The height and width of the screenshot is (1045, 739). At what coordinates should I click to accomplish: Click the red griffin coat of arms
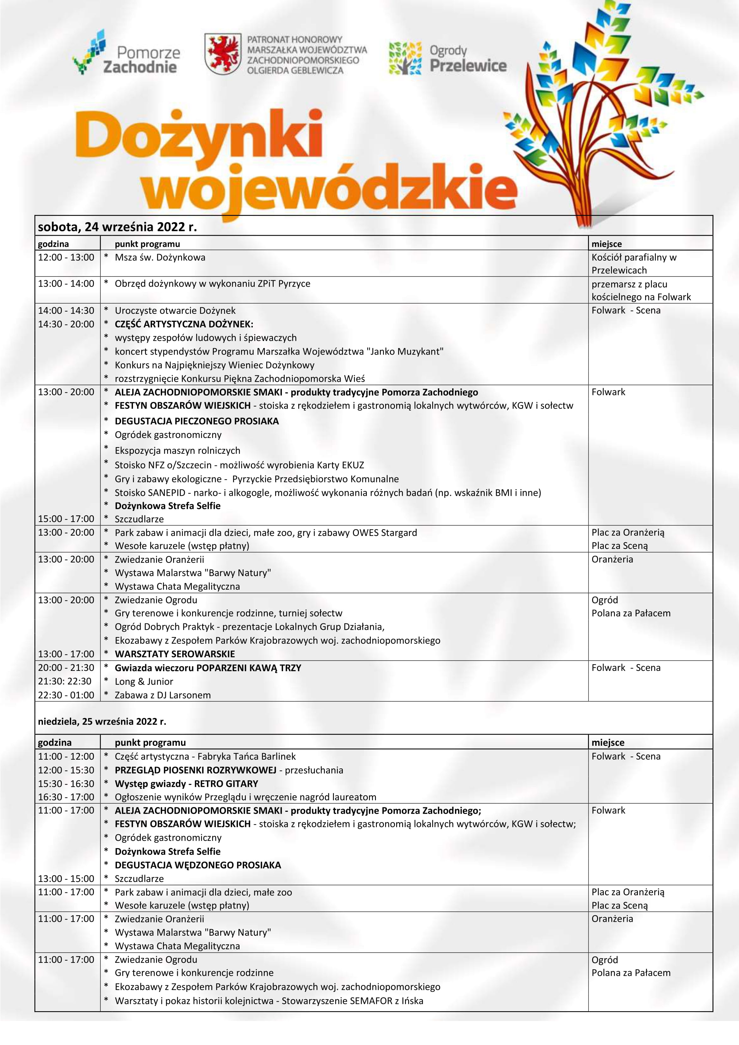pyautogui.click(x=222, y=54)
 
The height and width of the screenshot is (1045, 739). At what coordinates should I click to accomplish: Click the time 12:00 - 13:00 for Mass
pyautogui.click(x=66, y=257)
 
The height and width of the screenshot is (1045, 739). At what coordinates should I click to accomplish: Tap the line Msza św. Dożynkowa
pyautogui.click(x=160, y=257)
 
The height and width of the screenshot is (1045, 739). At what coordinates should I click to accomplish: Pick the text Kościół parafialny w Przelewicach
pyautogui.click(x=633, y=264)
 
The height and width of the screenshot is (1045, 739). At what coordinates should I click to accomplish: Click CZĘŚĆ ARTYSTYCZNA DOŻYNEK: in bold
pyautogui.click(x=184, y=324)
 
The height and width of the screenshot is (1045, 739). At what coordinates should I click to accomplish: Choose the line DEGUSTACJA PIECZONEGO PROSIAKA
pyautogui.click(x=197, y=421)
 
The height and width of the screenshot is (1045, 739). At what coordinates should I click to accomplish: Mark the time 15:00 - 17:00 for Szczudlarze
pyautogui.click(x=66, y=519)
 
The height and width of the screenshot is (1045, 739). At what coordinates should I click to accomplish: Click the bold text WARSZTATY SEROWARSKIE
pyautogui.click(x=175, y=654)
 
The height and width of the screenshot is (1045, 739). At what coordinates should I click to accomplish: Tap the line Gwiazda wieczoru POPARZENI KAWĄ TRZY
pyautogui.click(x=208, y=668)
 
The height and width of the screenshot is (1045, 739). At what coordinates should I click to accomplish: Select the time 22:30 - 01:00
pyautogui.click(x=66, y=695)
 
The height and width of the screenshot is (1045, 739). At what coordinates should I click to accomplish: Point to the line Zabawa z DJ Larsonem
pyautogui.click(x=162, y=695)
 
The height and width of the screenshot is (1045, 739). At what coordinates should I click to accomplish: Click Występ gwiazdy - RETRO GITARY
pyautogui.click(x=186, y=784)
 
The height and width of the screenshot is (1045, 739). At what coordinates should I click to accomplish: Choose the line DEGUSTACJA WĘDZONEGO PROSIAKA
pyautogui.click(x=198, y=865)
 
